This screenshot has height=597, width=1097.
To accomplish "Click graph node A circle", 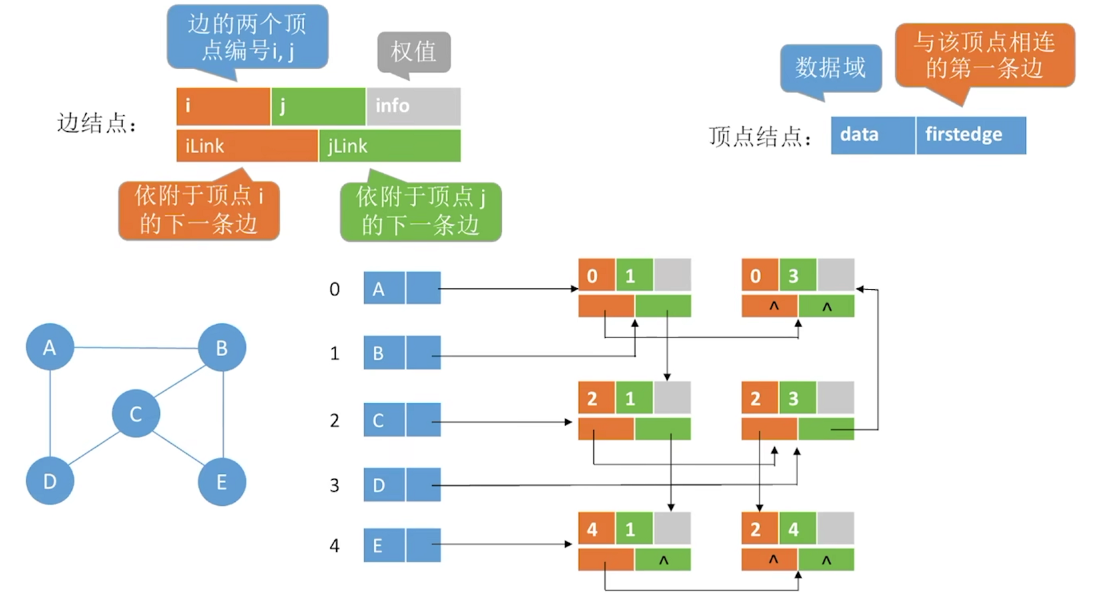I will tap(50, 347).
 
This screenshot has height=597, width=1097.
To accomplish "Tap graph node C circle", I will tap(136, 413).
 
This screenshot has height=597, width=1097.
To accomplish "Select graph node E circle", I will tap(222, 481).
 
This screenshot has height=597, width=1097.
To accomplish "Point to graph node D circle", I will tap(50, 481).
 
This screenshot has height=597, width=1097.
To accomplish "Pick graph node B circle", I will tap(222, 347).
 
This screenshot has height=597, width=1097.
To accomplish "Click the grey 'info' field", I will tap(413, 106).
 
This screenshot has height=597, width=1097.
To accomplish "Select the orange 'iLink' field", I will tap(246, 146).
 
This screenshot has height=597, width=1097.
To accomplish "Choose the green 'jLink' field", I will tap(390, 146).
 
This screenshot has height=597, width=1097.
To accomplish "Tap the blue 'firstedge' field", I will tap(971, 135).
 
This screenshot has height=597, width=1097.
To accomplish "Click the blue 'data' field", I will tap(873, 135).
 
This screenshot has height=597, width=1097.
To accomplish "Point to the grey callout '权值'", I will tap(414, 51).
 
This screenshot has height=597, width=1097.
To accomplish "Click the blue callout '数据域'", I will tap(831, 67).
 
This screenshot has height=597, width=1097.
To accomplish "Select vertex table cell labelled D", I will tap(384, 485).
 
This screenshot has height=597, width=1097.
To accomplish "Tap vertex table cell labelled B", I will tap(384, 353).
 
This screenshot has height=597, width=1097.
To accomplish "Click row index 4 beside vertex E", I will tap(335, 546).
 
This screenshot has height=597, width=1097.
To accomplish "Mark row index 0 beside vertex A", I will tap(335, 289).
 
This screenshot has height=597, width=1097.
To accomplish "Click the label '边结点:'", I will tap(97, 123).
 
